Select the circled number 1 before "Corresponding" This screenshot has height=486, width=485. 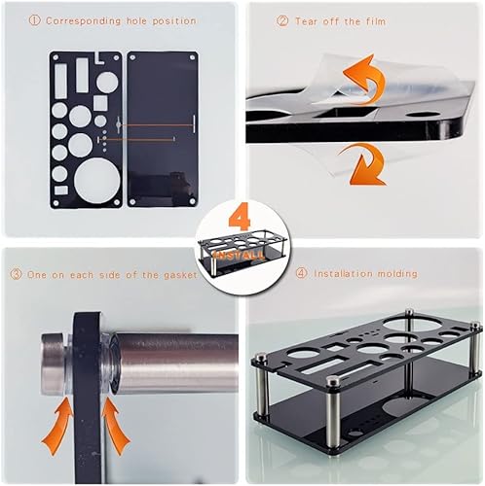point(33,20)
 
